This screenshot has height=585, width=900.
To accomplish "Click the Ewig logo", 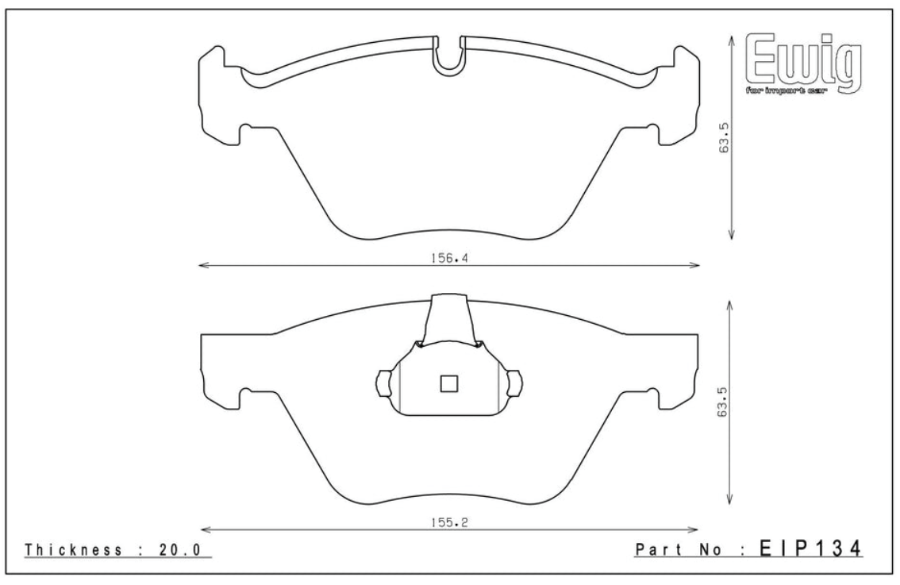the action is click(x=803, y=64).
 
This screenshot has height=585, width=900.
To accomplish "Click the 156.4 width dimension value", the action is click(x=449, y=258).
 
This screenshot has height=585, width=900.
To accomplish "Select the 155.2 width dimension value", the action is click(x=449, y=522).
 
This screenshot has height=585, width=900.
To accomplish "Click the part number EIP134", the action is click(x=810, y=548).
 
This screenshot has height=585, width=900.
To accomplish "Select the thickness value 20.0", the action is click(x=179, y=550).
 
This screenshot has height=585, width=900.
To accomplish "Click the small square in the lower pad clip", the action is click(x=448, y=383).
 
